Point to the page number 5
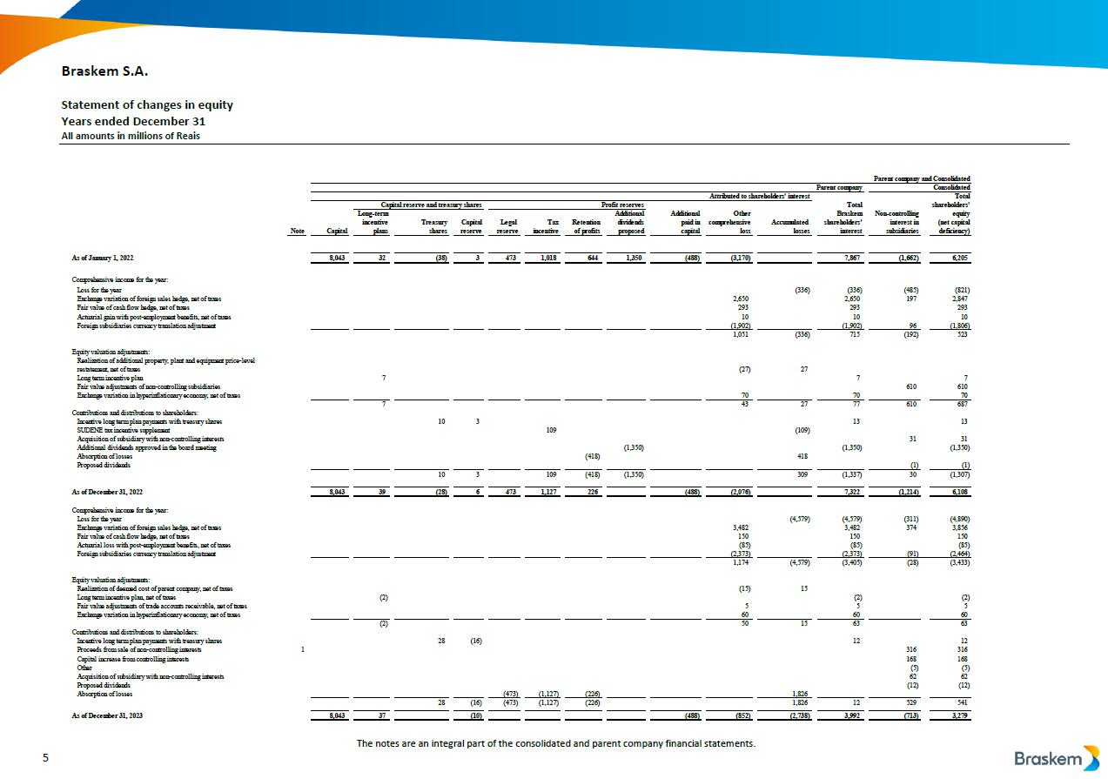coord(46,759)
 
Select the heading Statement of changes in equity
coord(147,105)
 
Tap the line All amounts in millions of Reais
coord(130,135)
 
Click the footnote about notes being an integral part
coord(556,743)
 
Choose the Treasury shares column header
coord(433,226)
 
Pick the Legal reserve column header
coord(508,226)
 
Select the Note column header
coord(298,232)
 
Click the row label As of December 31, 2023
coord(107,715)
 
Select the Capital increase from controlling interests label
coord(132,659)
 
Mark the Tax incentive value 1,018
coord(548,258)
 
